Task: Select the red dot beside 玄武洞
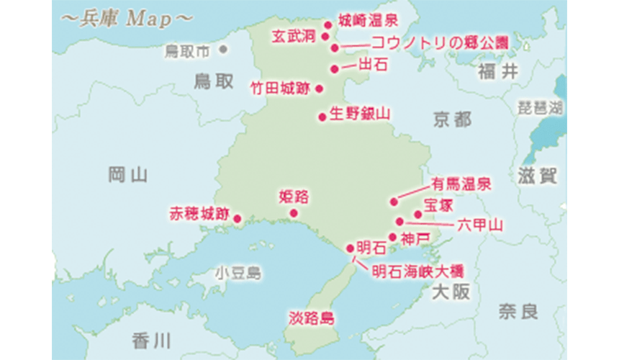[325, 35]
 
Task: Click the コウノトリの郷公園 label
[439, 44]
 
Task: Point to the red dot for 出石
[334, 69]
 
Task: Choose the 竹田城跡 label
[279, 89]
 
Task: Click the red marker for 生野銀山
[322, 115]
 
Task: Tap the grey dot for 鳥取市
[223, 50]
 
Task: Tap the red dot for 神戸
[392, 236]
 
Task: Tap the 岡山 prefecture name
[127, 174]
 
